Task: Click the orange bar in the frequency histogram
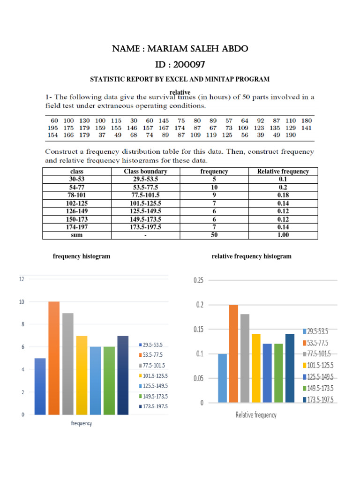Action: point(53,358)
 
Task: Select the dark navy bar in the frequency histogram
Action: point(123,375)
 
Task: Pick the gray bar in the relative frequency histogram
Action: point(245,358)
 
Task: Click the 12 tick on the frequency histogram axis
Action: point(21,279)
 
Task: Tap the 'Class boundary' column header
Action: point(145,172)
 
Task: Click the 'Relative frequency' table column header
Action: point(283,172)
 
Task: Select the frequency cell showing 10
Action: point(214,187)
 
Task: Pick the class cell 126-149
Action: point(76,211)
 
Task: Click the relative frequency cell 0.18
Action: point(283,195)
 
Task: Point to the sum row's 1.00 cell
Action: point(283,235)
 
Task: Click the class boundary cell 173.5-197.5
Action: point(145,227)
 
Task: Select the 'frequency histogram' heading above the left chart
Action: point(82,256)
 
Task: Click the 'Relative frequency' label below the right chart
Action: point(255,415)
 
